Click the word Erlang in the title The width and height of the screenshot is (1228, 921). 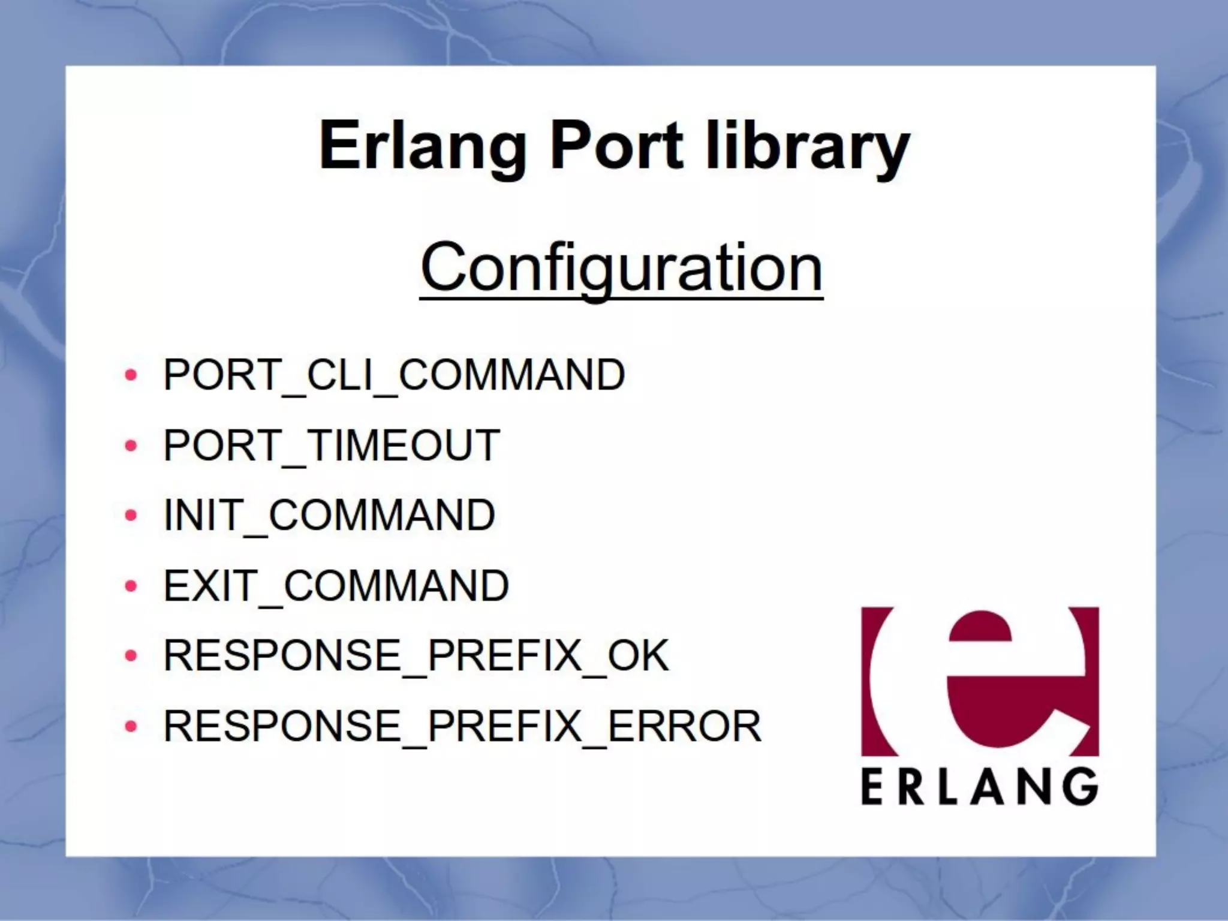pyautogui.click(x=423, y=146)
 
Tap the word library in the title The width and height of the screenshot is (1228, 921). pyautogui.click(x=807, y=146)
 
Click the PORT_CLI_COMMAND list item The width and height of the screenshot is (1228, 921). pyautogui.click(x=394, y=375)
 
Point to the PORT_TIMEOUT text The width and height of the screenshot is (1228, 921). pyautogui.click(x=332, y=446)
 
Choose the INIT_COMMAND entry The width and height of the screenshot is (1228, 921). pyautogui.click(x=329, y=515)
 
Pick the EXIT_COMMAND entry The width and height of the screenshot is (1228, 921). pyautogui.click(x=336, y=586)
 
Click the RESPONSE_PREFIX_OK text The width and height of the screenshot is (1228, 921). pyautogui.click(x=416, y=655)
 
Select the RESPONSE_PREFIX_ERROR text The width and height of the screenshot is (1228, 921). pyautogui.click(x=462, y=726)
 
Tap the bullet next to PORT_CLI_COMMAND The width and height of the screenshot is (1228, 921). pyautogui.click(x=131, y=376)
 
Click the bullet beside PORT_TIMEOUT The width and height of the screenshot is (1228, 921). pyautogui.click(x=131, y=446)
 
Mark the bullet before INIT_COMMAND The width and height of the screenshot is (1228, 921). pyautogui.click(x=131, y=516)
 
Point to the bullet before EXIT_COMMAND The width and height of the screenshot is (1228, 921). pyautogui.click(x=131, y=586)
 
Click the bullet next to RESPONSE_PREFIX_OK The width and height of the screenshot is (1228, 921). pyautogui.click(x=131, y=656)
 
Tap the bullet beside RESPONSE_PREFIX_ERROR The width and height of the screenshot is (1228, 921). pyautogui.click(x=131, y=727)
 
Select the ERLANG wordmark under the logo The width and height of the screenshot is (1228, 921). pyautogui.click(x=980, y=787)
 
